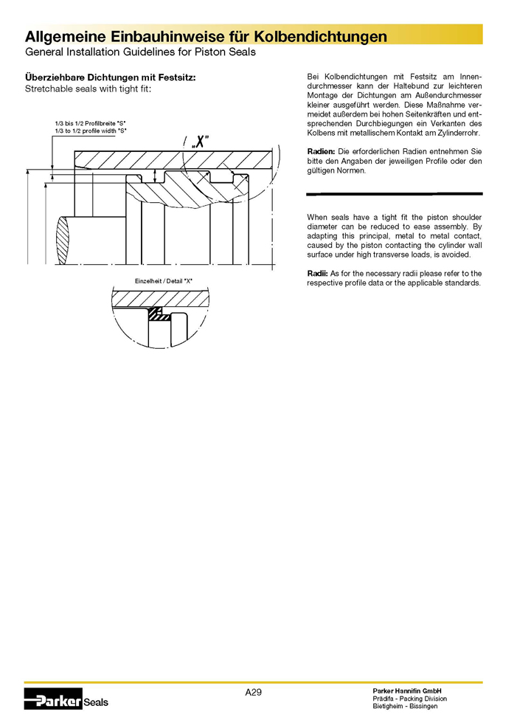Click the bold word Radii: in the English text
click(x=317, y=274)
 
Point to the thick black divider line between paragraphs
click(x=394, y=193)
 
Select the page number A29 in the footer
click(x=254, y=692)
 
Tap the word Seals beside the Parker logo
click(x=96, y=702)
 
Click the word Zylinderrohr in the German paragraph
click(x=459, y=134)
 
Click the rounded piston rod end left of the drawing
click(x=64, y=240)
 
